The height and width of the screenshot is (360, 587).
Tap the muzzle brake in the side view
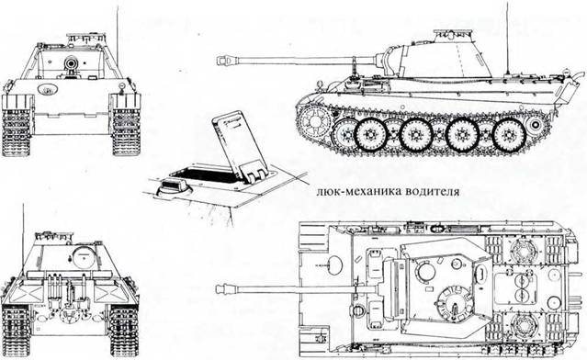click(x=223, y=61)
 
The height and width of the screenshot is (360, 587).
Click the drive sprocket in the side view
click(x=315, y=121)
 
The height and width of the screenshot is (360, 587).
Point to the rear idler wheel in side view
click(x=535, y=124)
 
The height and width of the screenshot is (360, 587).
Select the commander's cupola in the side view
click(x=452, y=36)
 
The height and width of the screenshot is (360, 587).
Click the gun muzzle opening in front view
click(x=71, y=63)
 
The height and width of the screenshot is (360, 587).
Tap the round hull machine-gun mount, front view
click(x=48, y=89)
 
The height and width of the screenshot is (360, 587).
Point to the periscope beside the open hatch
click(x=174, y=185)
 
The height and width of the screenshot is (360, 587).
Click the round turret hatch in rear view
click(x=85, y=256)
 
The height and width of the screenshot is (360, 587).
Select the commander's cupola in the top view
click(x=454, y=303)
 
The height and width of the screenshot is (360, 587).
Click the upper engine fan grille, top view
click(x=521, y=249)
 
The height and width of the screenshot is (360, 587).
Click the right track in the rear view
click(x=124, y=331)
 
